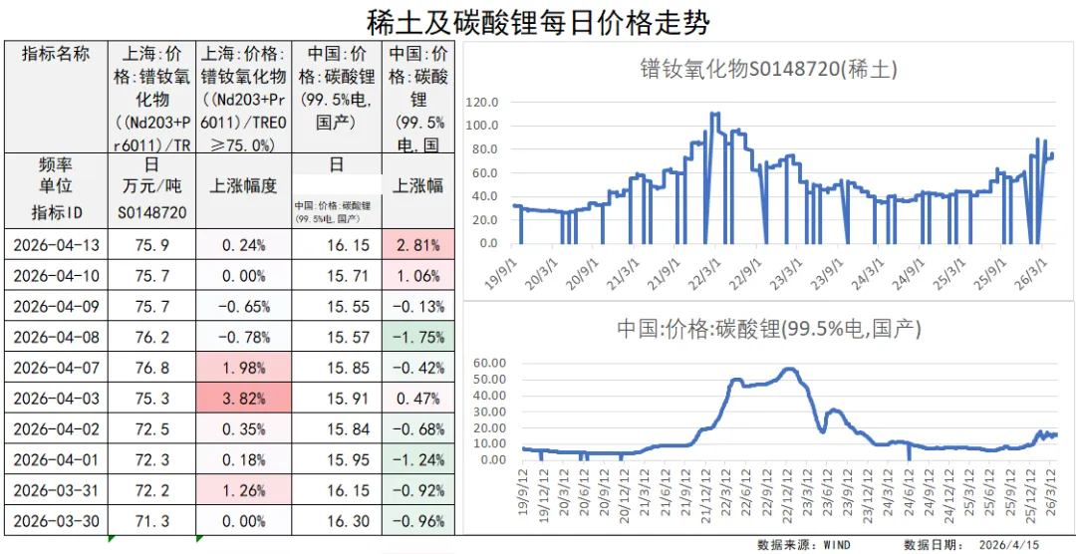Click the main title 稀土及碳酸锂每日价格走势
click(x=538, y=21)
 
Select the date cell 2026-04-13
click(x=58, y=245)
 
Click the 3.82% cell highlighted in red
click(x=243, y=399)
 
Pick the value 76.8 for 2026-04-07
click(x=151, y=368)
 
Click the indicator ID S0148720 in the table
click(x=151, y=212)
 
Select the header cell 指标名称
click(x=58, y=54)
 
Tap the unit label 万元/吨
click(x=151, y=186)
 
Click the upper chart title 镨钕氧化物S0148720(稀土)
click(x=768, y=69)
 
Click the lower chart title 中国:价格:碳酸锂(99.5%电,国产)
click(x=768, y=328)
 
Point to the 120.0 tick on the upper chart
click(x=481, y=102)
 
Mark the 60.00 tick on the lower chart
click(x=481, y=364)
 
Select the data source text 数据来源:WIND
click(x=803, y=544)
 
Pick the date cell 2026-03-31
click(x=58, y=491)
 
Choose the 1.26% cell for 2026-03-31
click(x=243, y=491)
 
